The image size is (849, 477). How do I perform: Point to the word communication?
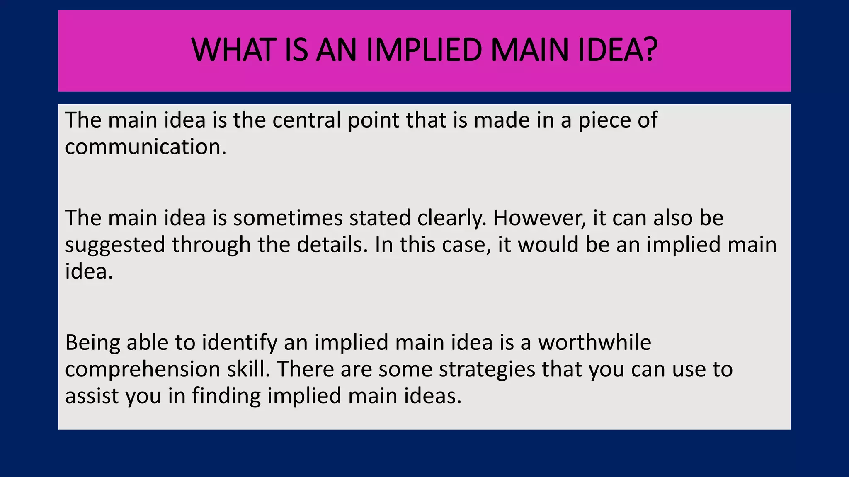146,147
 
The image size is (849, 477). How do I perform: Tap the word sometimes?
288,218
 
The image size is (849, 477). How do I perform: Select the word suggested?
115,245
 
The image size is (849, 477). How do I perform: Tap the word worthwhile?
594,342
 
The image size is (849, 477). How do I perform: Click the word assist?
92,396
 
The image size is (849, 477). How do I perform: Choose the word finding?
226,396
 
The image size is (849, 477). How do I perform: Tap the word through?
211,245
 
